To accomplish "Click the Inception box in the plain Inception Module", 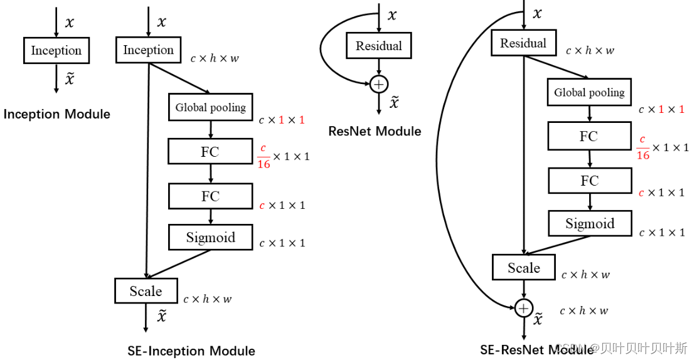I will (56, 51).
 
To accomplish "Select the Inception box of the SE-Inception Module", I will (149, 50).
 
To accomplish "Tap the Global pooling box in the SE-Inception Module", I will (210, 107).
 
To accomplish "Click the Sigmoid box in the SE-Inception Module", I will (210, 238).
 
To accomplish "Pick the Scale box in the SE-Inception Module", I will (146, 291).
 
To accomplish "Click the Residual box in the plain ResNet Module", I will (378, 46).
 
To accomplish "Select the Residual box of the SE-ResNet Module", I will (523, 43).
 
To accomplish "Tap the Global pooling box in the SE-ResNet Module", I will (589, 93).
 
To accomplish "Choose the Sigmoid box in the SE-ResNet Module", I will (590, 224).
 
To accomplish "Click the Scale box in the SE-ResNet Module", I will (524, 268).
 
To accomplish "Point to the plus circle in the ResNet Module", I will (378, 84).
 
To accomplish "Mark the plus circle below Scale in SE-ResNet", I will (523, 308).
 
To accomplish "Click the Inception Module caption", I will (56, 114).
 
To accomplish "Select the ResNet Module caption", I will (375, 131).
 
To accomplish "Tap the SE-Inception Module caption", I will (191, 351).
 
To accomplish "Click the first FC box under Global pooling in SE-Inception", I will (210, 151).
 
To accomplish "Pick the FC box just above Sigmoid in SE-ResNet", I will (589, 181).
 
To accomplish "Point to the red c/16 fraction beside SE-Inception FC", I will (264, 156).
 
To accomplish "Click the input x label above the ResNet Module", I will (392, 15).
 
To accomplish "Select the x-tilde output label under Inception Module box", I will (70, 78).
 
